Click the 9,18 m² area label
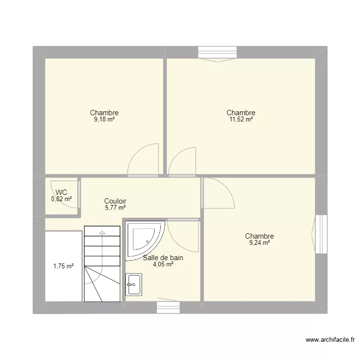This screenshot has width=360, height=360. pos(104,120)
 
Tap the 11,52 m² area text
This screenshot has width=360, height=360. pos(241,120)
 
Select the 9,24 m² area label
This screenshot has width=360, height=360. pos(259,243)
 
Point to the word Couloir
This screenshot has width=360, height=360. pos(115,201)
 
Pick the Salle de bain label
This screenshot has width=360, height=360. pos(163,258)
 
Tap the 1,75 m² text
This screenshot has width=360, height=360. pos(62,266)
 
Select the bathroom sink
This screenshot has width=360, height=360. pos(133,284)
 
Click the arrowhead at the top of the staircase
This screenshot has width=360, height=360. pos(102,233)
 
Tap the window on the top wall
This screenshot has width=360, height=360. pos(214,52)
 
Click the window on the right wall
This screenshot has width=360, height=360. pos(321,233)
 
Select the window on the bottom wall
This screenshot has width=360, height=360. pos(168,307)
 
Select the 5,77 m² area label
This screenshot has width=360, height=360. pos(115,208)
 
